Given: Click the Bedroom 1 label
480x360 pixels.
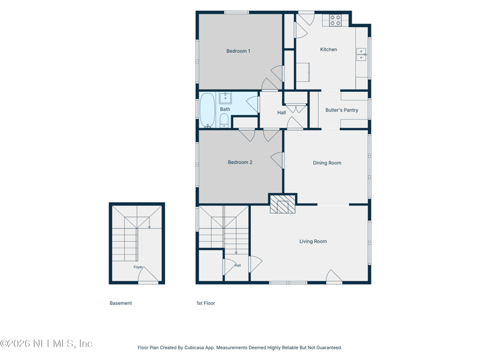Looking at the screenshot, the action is (238, 51).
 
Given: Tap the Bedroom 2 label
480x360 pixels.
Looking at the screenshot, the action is (240, 162).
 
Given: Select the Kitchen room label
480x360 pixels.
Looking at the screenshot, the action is (328, 49).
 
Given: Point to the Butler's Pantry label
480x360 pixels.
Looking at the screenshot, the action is (341, 110).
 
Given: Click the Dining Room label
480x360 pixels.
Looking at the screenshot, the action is (327, 163).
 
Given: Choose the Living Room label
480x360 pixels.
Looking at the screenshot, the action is (313, 241).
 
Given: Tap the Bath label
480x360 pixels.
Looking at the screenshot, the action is (225, 109).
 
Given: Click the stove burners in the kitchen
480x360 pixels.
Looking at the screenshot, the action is (335, 20).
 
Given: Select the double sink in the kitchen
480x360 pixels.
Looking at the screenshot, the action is (361, 54).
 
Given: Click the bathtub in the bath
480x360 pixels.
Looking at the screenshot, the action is (207, 110).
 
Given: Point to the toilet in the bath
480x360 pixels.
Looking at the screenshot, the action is (224, 121).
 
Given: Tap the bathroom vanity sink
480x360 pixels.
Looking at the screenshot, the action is (226, 98).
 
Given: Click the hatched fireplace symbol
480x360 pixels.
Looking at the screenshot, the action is (283, 204).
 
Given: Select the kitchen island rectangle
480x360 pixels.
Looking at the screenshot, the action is (303, 72).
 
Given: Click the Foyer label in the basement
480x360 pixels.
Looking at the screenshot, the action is (138, 267).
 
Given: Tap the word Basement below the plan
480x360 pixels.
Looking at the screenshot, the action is (121, 303).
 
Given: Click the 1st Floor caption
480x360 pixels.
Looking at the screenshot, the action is (206, 303).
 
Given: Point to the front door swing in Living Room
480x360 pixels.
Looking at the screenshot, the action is (334, 276).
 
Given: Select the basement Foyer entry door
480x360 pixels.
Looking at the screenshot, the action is (148, 275).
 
